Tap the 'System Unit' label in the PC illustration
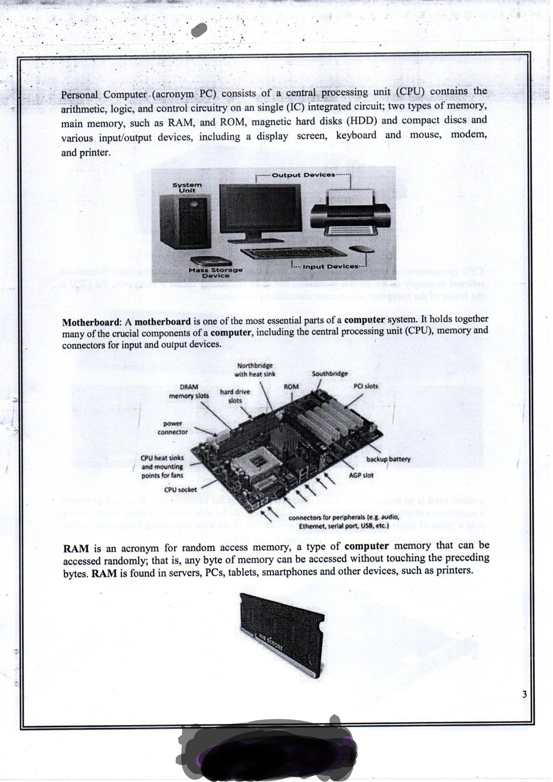[187, 188]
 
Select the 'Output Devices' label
[303, 175]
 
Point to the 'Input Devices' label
[330, 267]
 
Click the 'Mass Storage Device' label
[216, 273]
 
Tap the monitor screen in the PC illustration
[260, 208]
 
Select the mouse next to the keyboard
[362, 250]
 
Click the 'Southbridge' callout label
[330, 374]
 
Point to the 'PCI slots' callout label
[366, 386]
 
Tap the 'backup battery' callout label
[388, 459]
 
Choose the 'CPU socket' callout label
[180, 490]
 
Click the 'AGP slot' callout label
[361, 475]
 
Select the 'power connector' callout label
[173, 428]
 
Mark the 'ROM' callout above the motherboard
[291, 387]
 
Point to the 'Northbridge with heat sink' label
[255, 370]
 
